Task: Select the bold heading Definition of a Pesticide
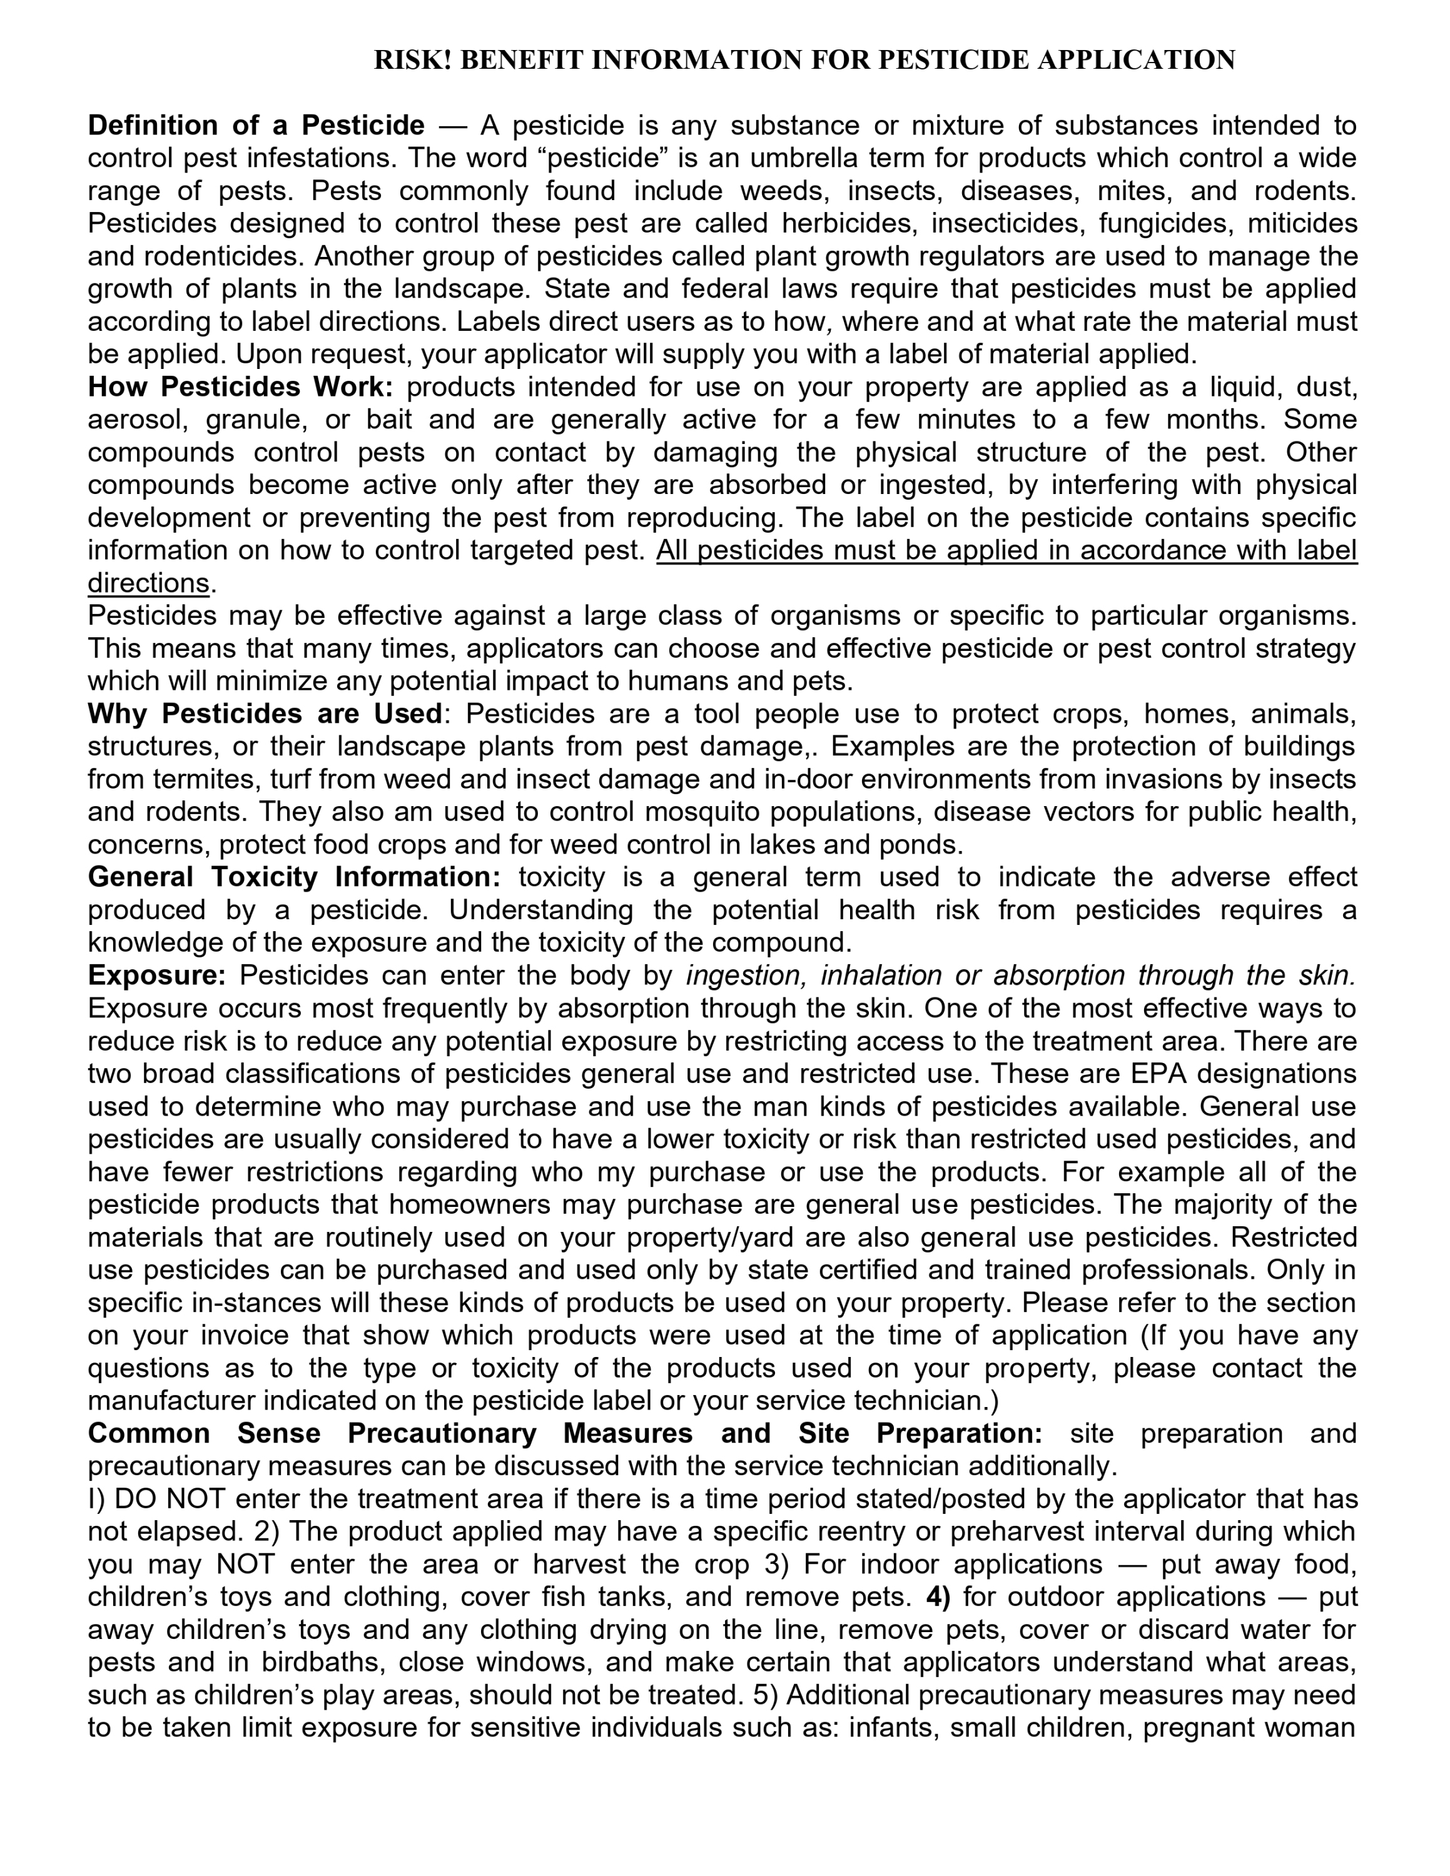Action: pos(256,126)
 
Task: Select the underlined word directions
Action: pos(148,583)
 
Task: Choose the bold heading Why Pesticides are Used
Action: pos(265,714)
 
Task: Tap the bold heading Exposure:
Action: pos(156,976)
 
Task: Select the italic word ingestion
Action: pos(746,976)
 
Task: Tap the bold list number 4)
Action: pos(938,1597)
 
